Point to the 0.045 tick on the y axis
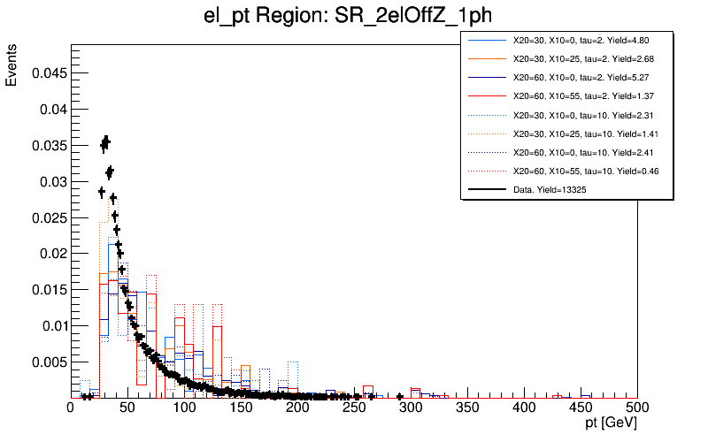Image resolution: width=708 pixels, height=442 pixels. click(x=48, y=73)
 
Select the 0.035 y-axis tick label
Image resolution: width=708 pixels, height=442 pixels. click(x=48, y=146)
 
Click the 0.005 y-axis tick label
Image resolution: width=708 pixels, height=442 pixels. click(x=48, y=362)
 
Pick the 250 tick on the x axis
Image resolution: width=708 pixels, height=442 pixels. click(x=354, y=408)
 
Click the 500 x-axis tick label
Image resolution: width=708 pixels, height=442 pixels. click(x=637, y=408)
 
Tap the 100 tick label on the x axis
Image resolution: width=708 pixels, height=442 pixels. click(x=184, y=408)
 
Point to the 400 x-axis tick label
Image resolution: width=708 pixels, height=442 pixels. click(x=524, y=408)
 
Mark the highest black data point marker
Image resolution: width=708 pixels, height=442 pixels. click(x=106, y=140)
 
